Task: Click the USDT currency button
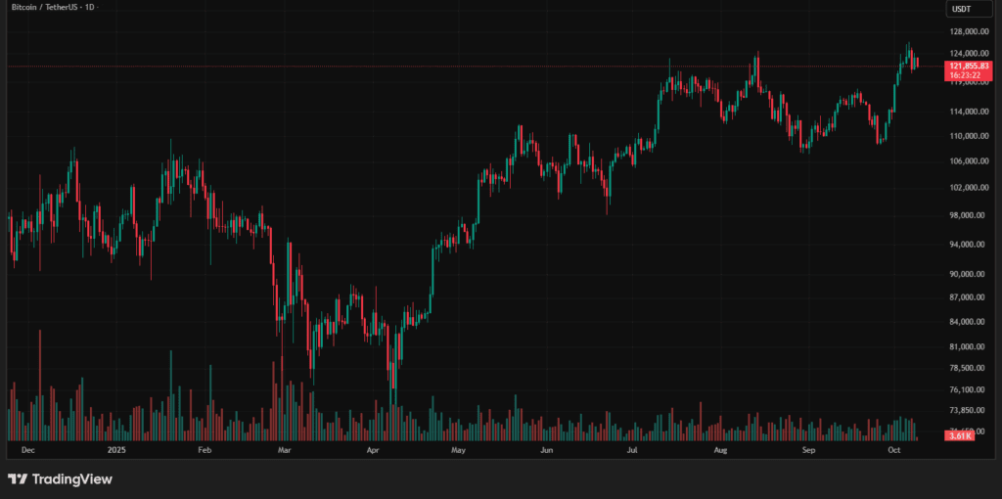click(963, 10)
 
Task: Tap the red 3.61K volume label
click(959, 436)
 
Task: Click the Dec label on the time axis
click(28, 451)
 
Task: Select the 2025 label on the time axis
click(116, 451)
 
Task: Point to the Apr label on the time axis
click(373, 451)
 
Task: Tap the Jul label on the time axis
click(633, 451)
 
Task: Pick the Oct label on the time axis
click(893, 451)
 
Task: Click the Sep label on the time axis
click(809, 451)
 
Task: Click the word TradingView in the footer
click(72, 479)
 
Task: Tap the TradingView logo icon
click(18, 479)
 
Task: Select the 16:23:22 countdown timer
click(966, 74)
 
